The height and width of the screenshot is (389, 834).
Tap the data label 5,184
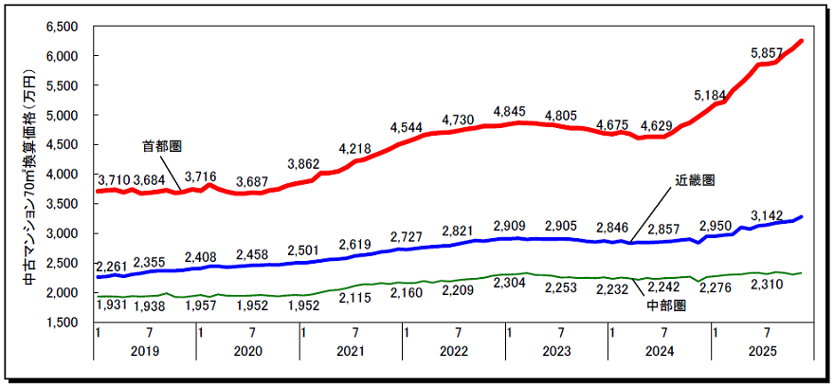pyautogui.click(x=710, y=95)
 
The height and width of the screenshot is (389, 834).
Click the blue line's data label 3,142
pyautogui.click(x=766, y=214)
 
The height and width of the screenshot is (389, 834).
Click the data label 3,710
pyautogui.click(x=114, y=179)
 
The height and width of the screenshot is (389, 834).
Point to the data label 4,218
pyautogui.click(x=355, y=147)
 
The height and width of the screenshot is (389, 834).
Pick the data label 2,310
pyautogui.click(x=766, y=283)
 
